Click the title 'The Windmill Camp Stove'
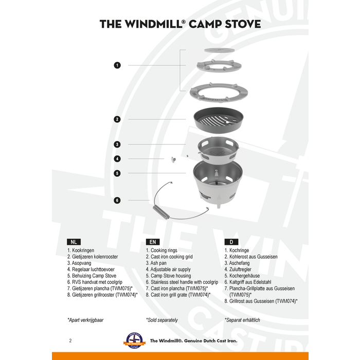tap(180, 24)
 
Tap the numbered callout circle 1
tap(117, 65)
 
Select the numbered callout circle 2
tap(117, 119)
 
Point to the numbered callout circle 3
tap(117, 145)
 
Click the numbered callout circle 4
tap(117, 159)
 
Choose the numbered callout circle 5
tap(117, 173)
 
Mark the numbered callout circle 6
tap(117, 200)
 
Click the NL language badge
tap(74, 241)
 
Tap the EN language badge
tap(152, 241)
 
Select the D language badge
tap(231, 241)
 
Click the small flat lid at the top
tap(219, 50)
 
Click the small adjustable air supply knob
tap(173, 159)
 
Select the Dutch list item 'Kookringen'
tap(83, 250)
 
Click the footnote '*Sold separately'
tap(162, 320)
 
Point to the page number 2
tap(70, 340)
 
